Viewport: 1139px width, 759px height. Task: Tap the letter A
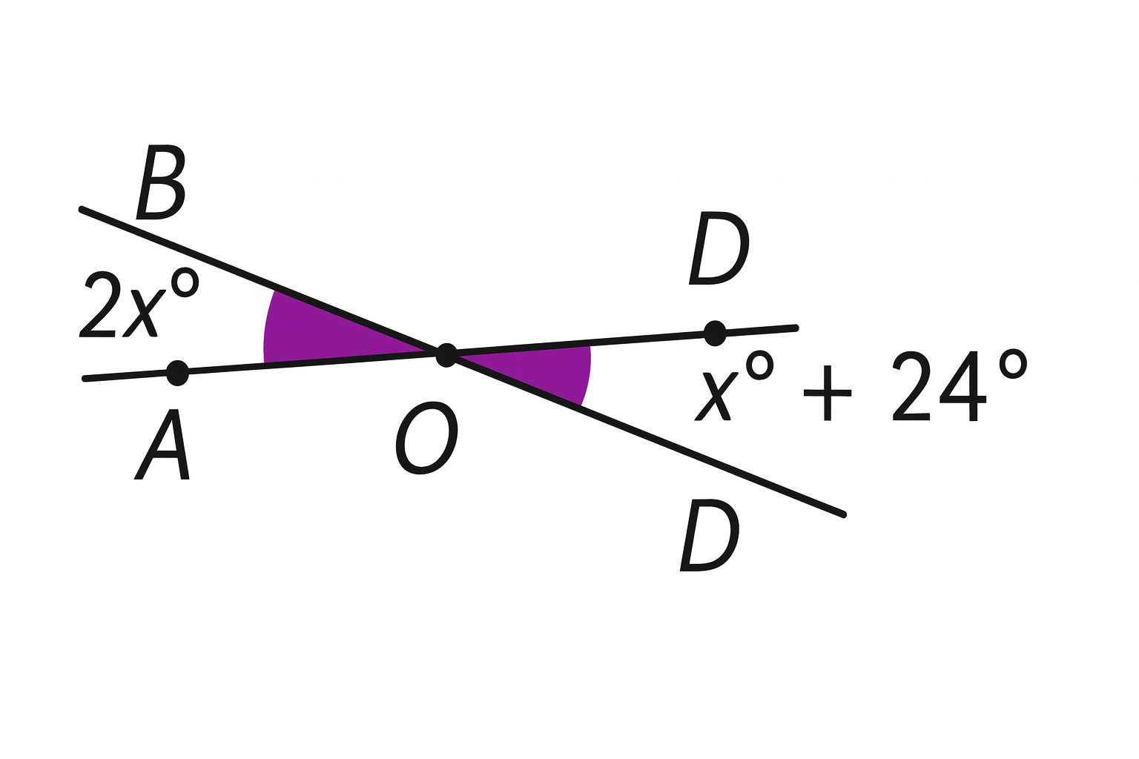tap(163, 445)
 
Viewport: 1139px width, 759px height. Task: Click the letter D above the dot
tap(719, 248)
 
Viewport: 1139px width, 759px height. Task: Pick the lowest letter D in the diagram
tap(710, 535)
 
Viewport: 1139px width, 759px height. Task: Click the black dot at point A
tap(177, 372)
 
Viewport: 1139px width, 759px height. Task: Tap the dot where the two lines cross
tap(446, 355)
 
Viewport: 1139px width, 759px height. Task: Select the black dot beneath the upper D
tap(715, 333)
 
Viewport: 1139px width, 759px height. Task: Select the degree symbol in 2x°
tap(185, 282)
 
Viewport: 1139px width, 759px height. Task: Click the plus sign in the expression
tap(828, 393)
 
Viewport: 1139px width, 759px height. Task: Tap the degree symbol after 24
tap(1013, 363)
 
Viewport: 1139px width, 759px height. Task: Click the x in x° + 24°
tap(716, 397)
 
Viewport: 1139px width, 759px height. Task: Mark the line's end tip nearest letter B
tap(81, 210)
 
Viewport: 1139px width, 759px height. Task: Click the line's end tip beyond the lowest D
tap(843, 514)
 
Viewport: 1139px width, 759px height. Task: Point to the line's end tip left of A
tap(85, 379)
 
